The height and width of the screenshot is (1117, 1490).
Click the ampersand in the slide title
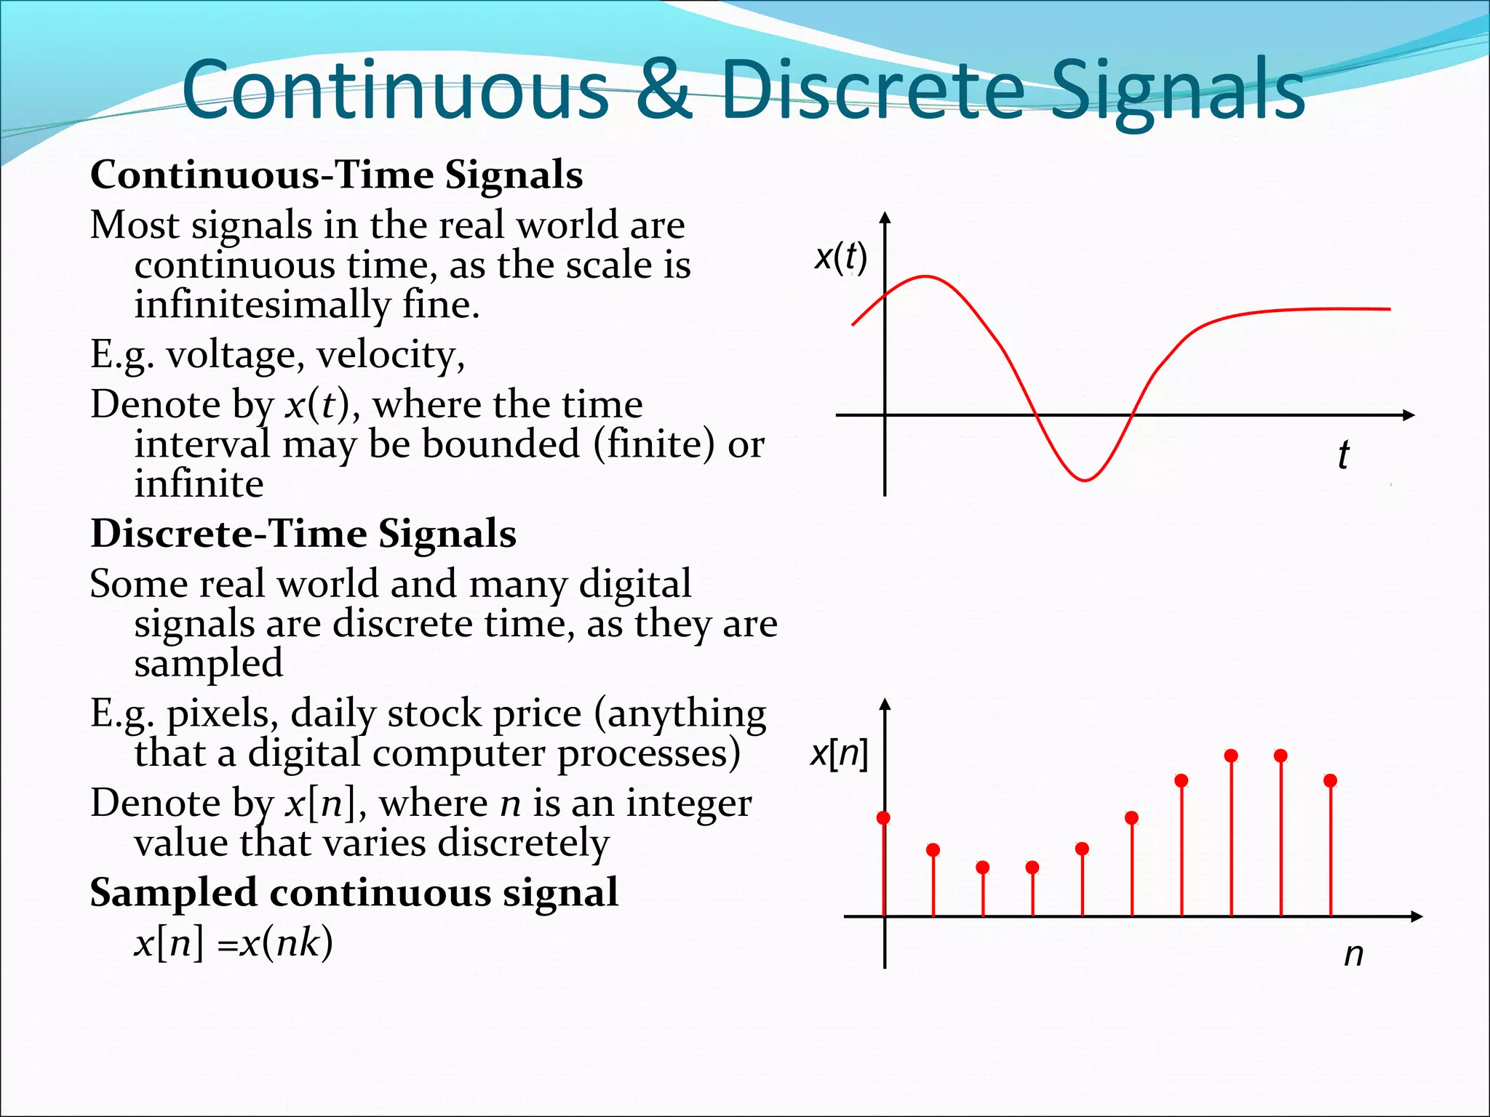tap(664, 89)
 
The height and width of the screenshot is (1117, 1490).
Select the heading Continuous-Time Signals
tap(336, 175)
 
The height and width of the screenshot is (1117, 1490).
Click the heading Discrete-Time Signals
tap(303, 534)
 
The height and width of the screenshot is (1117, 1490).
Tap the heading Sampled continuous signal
tap(354, 893)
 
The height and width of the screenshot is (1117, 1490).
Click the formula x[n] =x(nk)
tap(234, 943)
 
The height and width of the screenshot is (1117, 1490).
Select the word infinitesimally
tap(262, 305)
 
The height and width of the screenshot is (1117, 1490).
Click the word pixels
tap(222, 714)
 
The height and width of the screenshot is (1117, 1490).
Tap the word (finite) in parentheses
tap(654, 445)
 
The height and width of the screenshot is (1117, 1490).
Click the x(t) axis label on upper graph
tap(840, 257)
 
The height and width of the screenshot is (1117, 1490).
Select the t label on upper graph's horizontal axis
tap(1343, 455)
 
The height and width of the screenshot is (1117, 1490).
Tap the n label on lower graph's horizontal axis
tap(1353, 954)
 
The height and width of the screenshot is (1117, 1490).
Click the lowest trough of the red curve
tap(1084, 480)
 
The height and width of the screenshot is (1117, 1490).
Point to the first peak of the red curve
tap(925, 276)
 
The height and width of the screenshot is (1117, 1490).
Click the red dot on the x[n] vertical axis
tap(884, 818)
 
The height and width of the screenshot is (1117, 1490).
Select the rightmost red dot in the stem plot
tap(1331, 781)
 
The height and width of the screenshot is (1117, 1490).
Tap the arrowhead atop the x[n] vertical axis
tap(885, 704)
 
